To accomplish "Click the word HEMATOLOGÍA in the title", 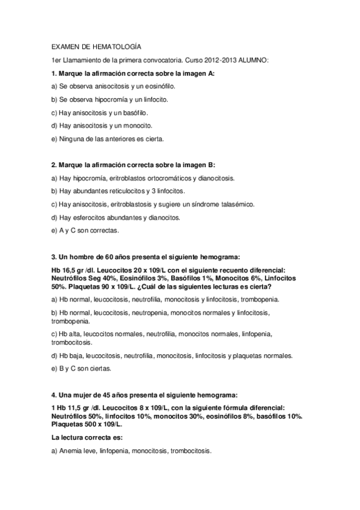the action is tap(118, 46).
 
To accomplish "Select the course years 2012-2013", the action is tap(223, 60).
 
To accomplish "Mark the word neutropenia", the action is tap(144, 313).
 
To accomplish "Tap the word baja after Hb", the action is tap(75, 355).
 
